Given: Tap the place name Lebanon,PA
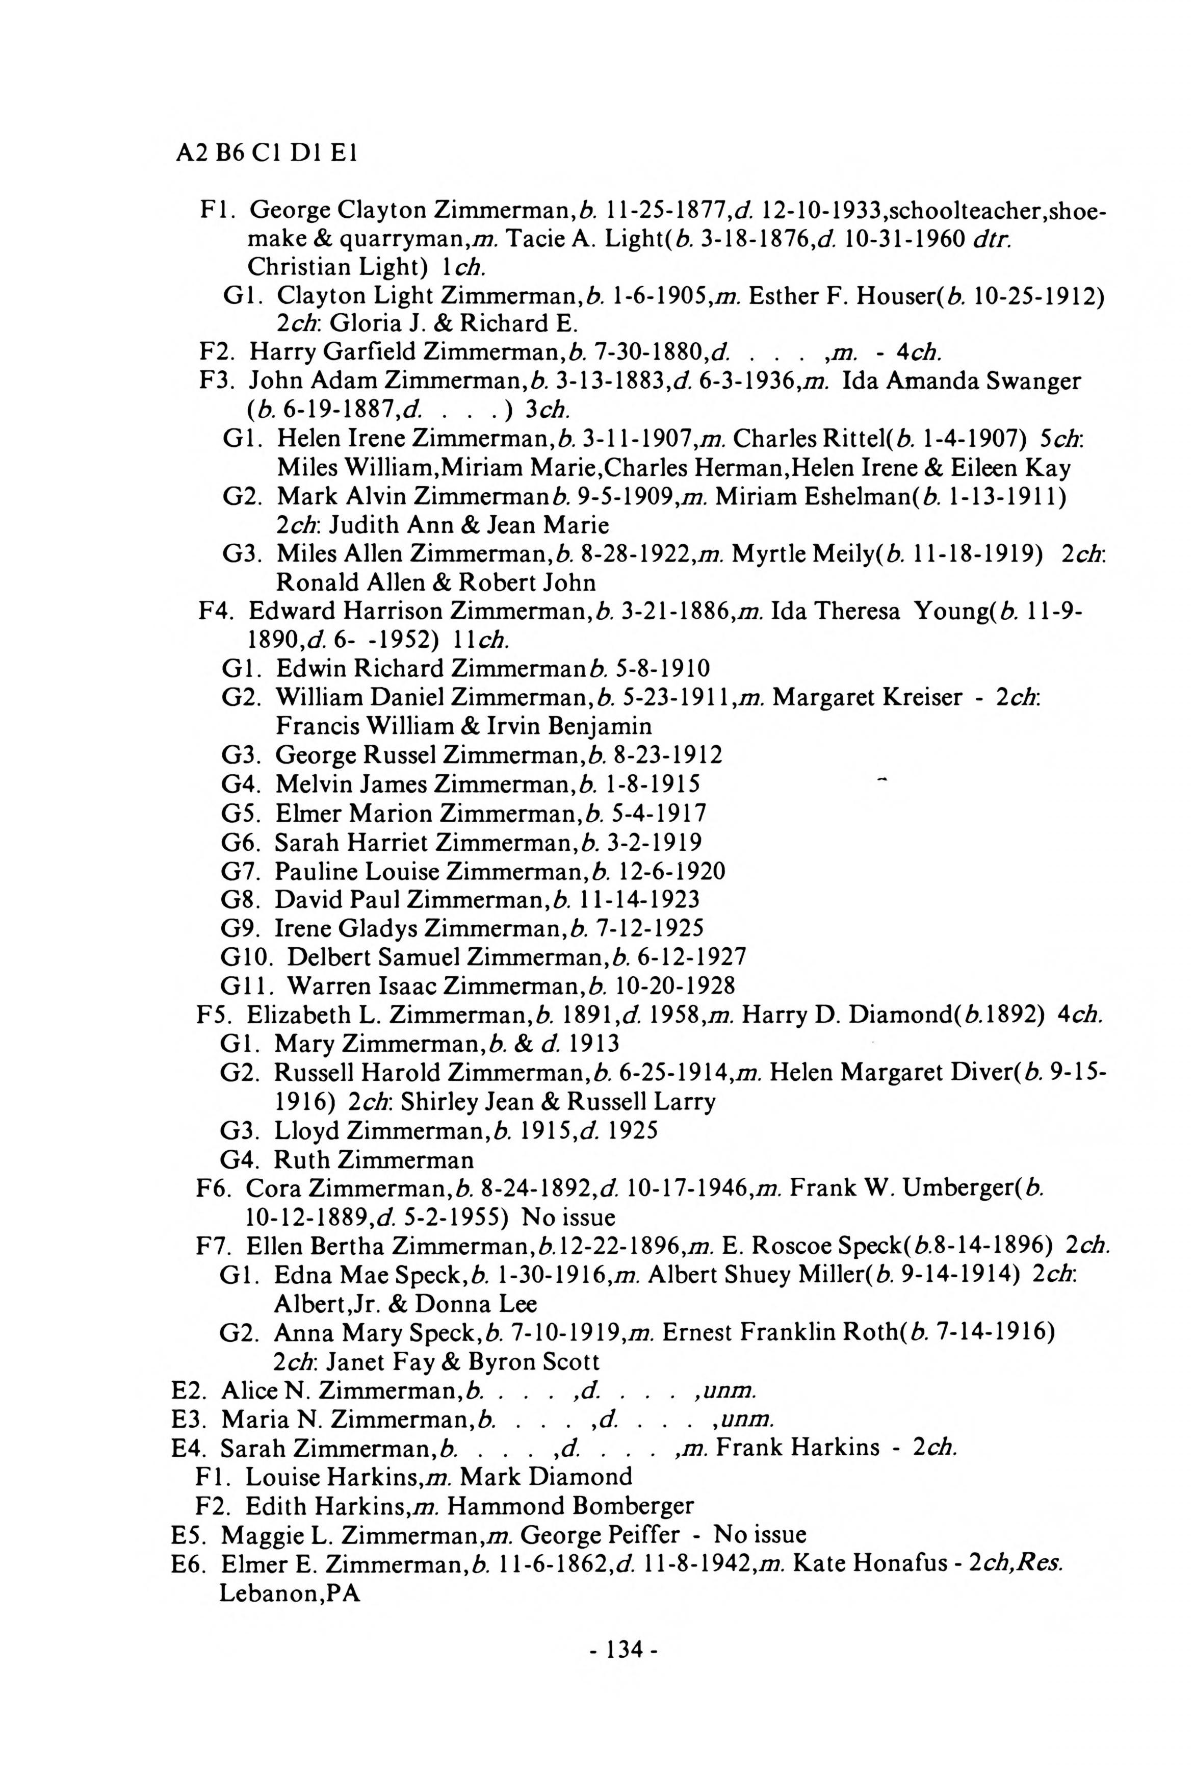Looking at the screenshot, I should click(x=290, y=1592).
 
